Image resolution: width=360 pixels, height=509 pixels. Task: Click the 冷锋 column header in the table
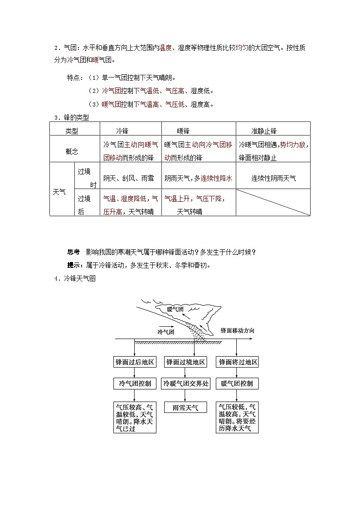[x=122, y=131]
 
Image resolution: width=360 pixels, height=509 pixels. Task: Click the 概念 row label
[x=72, y=151]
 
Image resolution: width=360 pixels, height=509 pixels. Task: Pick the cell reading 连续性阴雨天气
[x=273, y=179]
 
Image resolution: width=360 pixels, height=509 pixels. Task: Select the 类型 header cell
[x=72, y=131]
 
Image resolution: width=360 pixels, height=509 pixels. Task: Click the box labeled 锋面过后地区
[x=135, y=362]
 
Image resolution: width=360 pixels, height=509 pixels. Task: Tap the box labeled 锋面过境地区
[x=186, y=362]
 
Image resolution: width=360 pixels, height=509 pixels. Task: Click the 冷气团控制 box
[x=135, y=384]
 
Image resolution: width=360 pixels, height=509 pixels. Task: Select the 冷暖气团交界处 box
[x=186, y=384]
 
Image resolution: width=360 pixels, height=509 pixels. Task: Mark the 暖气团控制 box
[x=237, y=384]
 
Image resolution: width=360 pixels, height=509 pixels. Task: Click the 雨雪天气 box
[x=185, y=407]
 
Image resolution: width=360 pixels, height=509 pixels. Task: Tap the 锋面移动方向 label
[x=237, y=330]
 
